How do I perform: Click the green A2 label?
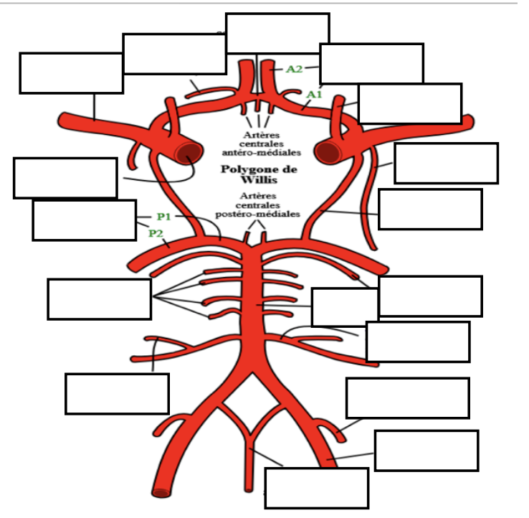[294, 69]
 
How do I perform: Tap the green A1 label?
[313, 94]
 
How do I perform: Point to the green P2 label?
[156, 232]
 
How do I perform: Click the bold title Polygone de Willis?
[259, 174]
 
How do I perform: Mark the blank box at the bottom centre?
[316, 488]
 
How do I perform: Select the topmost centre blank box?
[277, 33]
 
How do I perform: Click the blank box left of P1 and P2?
[84, 220]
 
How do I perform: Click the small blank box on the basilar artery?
[345, 307]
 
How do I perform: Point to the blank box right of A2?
[371, 64]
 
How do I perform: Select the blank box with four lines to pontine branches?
[99, 298]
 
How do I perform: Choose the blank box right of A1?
[409, 103]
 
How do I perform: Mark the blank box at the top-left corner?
[71, 72]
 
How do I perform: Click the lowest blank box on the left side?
[117, 393]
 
